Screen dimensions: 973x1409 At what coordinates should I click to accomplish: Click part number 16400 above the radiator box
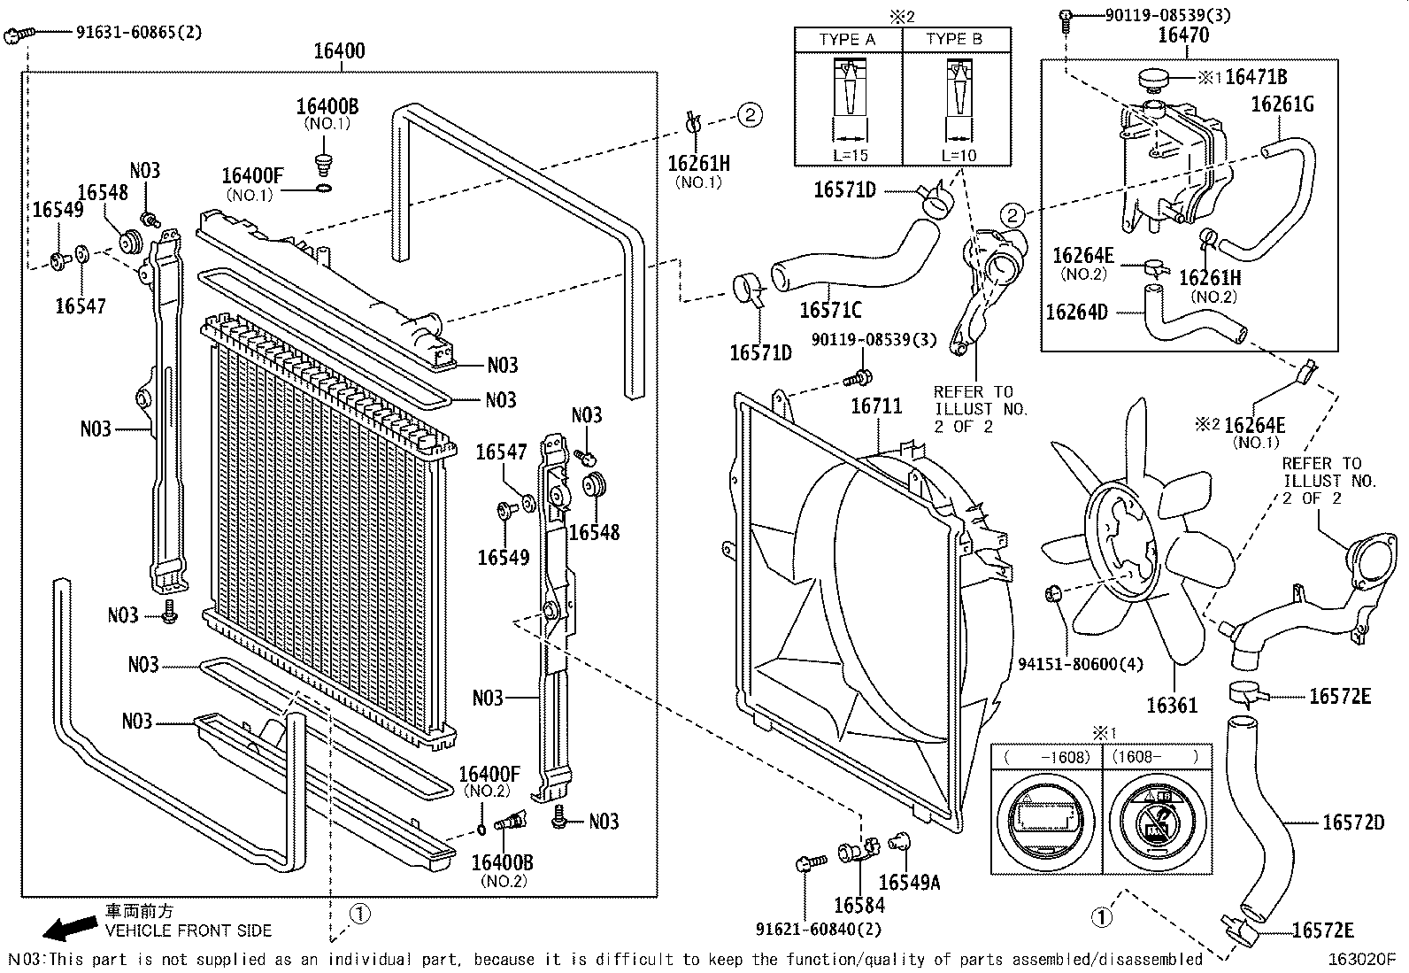pos(339,51)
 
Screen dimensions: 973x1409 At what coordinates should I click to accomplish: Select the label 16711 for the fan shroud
pos(876,406)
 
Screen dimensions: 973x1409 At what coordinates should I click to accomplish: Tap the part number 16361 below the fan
pos(1172,706)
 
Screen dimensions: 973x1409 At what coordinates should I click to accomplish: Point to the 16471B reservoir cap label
pos(1256,78)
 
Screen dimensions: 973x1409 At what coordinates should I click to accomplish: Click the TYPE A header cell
pos(847,40)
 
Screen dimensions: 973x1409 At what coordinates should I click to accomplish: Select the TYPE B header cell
pos(954,40)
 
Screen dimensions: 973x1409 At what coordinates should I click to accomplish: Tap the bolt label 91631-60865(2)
pos(139,33)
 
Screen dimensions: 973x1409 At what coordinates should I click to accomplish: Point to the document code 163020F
pos(1360,959)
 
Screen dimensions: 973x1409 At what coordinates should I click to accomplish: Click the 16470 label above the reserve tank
pos(1183,35)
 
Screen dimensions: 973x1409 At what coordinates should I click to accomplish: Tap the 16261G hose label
pos(1282,104)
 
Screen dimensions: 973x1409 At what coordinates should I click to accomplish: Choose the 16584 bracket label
pos(858,905)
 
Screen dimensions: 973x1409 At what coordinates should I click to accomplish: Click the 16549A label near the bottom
pos(909,883)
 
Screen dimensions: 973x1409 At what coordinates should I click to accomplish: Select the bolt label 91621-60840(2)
pos(819,929)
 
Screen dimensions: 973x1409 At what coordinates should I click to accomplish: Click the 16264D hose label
pos(1076,312)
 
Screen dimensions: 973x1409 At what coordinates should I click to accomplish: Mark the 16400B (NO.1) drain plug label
pos(327,107)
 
